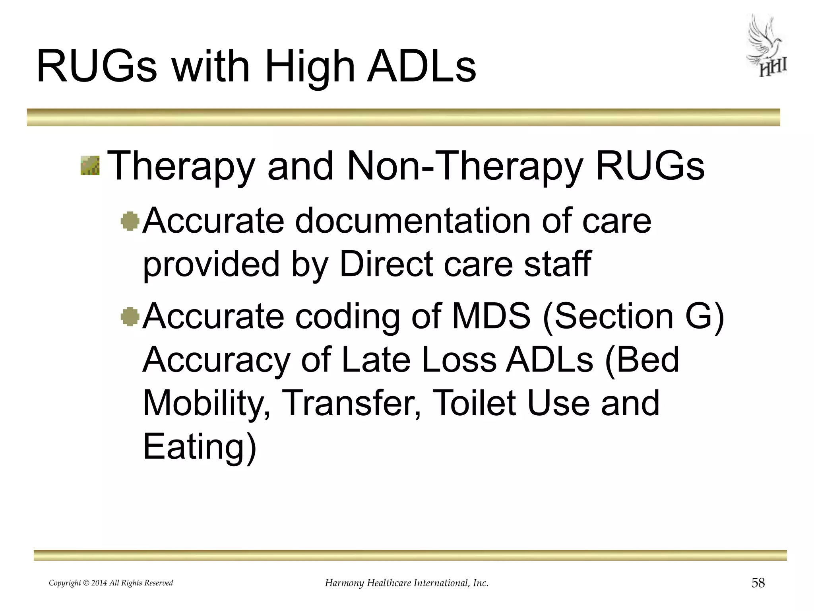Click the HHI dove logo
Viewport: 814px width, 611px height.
766,47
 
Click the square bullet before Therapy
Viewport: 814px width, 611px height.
90,166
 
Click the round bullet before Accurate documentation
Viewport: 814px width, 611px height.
130,222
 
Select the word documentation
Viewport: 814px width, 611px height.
412,221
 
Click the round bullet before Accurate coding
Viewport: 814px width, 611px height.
130,317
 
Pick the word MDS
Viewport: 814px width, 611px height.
491,317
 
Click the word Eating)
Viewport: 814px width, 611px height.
200,447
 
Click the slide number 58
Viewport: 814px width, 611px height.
758,583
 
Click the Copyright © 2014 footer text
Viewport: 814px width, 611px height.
111,583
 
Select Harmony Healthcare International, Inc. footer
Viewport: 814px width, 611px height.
407,583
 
